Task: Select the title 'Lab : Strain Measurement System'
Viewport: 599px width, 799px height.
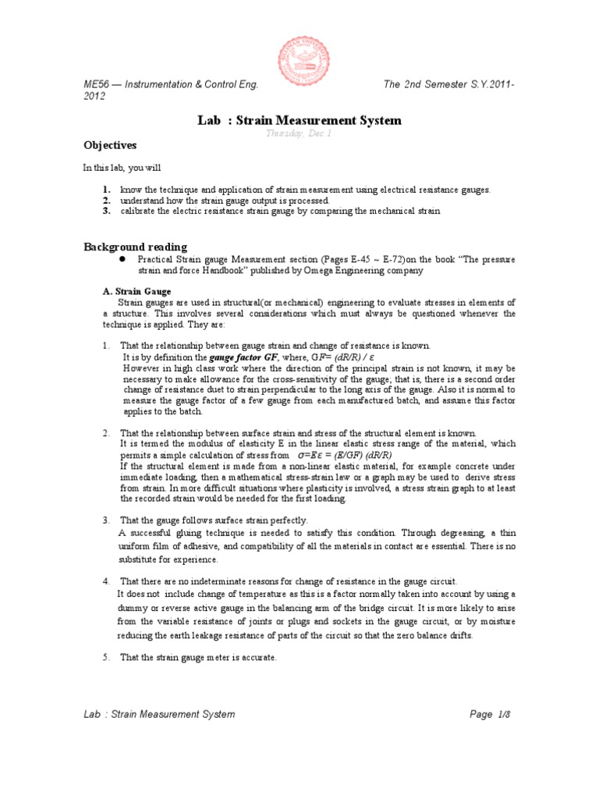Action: point(299,120)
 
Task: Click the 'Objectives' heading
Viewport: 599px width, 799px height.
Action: point(110,146)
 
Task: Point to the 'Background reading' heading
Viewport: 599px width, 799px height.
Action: point(135,247)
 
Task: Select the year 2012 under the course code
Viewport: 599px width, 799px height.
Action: point(95,96)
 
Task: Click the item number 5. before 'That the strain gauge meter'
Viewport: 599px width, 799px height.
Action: point(106,658)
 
